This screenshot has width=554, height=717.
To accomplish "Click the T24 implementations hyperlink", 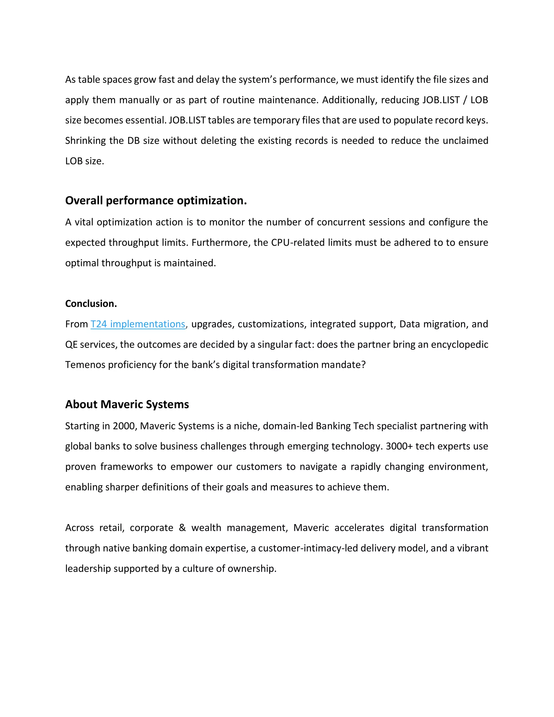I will (138, 324).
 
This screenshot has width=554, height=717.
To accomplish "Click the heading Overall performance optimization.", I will (156, 200).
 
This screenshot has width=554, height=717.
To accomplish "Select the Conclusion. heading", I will (91, 304).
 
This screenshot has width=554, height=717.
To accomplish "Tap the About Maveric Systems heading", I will (127, 404).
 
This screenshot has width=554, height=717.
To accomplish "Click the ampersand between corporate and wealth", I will (182, 528).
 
